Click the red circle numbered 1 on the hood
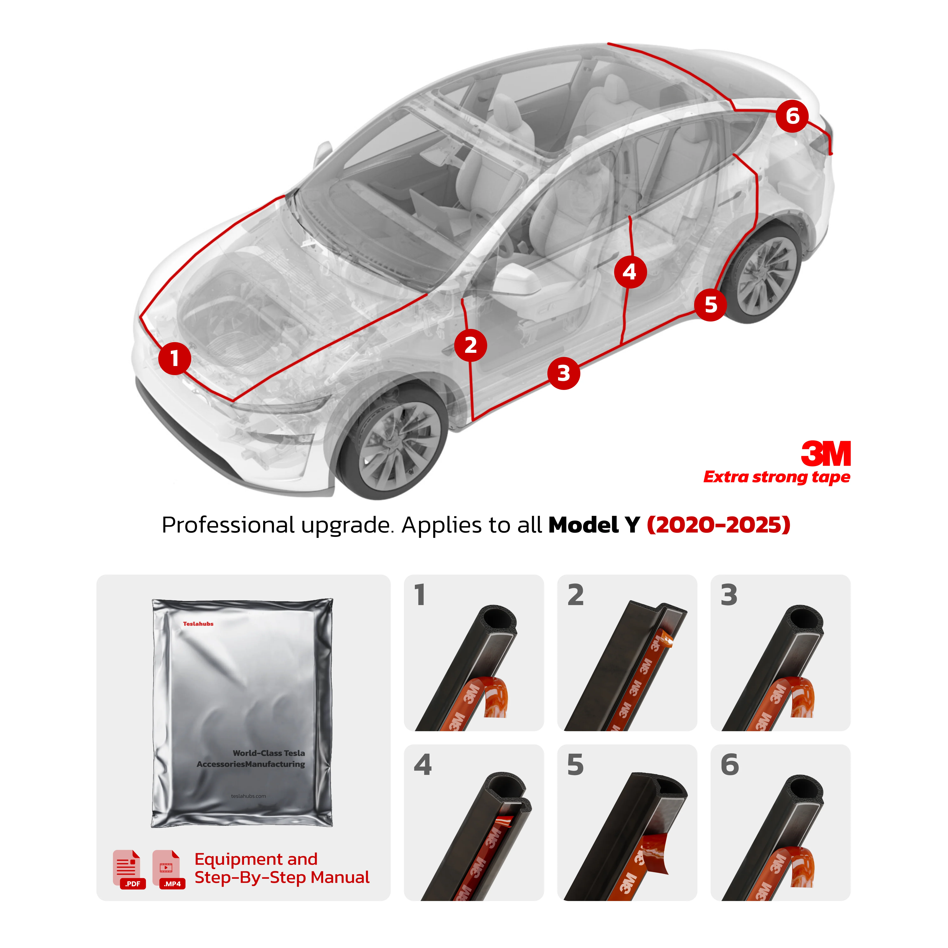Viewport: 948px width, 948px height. [x=174, y=358]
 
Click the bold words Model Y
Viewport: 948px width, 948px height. [x=594, y=525]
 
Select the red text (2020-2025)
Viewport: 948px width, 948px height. [x=718, y=525]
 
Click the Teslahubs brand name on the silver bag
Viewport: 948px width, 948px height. [x=198, y=624]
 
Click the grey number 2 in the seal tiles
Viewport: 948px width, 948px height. [x=576, y=595]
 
